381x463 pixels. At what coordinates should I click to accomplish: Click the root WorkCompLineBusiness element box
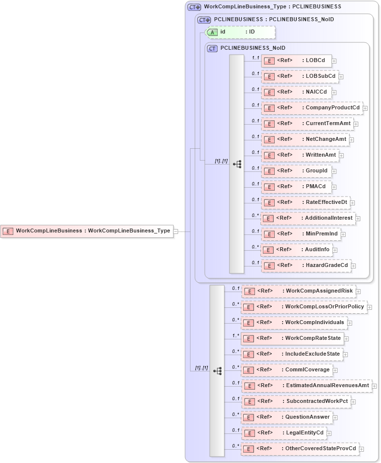tap(87, 231)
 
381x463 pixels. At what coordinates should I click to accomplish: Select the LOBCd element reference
tap(296, 61)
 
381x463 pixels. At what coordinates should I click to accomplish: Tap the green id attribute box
tap(240, 32)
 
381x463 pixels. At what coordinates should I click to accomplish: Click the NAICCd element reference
tap(296, 92)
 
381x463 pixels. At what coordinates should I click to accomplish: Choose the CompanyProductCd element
tap(312, 108)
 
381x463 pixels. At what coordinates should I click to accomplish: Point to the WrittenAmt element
tap(300, 155)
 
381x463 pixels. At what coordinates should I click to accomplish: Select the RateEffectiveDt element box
tap(306, 202)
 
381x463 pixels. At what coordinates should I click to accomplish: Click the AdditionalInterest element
tap(308, 218)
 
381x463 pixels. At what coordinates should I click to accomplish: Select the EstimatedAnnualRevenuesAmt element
tap(307, 386)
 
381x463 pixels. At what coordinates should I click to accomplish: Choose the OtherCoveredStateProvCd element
tap(300, 449)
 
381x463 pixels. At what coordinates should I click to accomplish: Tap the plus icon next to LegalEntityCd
tap(329, 433)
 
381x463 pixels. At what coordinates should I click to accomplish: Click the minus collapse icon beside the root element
tap(176, 231)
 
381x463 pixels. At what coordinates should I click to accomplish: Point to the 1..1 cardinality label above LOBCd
tap(255, 58)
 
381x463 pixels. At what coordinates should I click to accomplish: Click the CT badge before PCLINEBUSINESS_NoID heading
tap(213, 48)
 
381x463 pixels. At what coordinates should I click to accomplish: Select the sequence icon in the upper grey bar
tap(237, 164)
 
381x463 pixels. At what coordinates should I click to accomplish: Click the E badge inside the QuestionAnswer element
tap(249, 417)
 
